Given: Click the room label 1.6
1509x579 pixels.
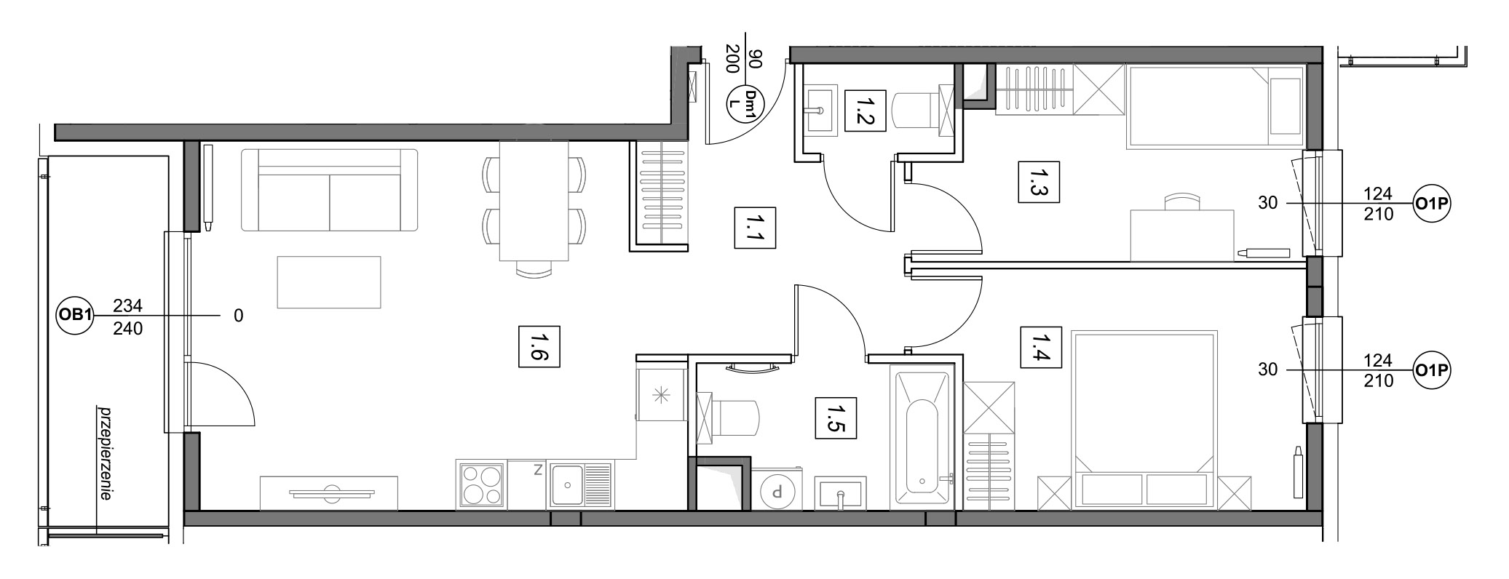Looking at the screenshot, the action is pyautogui.click(x=539, y=347).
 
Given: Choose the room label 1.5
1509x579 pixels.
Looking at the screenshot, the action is pyautogui.click(x=836, y=418).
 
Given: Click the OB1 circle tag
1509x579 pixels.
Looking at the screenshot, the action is pyautogui.click(x=75, y=316).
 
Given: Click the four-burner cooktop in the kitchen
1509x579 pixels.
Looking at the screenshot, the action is pyautogui.click(x=481, y=484).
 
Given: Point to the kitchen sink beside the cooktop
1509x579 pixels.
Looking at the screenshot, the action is pyautogui.click(x=580, y=484).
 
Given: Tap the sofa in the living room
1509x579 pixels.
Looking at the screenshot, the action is pyautogui.click(x=329, y=191).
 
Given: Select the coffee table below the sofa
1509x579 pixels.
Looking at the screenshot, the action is pyautogui.click(x=329, y=281).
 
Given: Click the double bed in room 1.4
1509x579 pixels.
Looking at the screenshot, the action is pyautogui.click(x=1144, y=420).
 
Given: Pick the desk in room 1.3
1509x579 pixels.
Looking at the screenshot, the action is pyautogui.click(x=1182, y=234).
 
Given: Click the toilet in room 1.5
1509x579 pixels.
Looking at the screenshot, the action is pyautogui.click(x=728, y=418).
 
